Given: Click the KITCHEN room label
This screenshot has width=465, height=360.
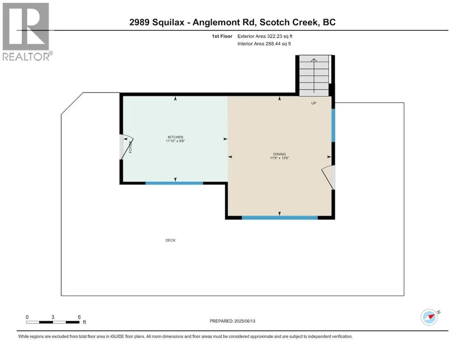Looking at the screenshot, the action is [175, 137].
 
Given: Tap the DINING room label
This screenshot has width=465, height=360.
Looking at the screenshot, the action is [279, 154].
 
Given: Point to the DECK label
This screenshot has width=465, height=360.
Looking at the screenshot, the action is [171, 241].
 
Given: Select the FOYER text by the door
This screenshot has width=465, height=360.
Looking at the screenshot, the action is [131, 147].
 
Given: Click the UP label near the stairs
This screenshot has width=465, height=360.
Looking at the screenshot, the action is [314, 104].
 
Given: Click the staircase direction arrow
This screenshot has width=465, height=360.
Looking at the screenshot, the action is [314, 76].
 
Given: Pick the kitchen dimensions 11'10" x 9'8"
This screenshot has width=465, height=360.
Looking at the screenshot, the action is [175, 141].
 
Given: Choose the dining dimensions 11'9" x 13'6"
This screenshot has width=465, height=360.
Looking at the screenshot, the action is [279, 158].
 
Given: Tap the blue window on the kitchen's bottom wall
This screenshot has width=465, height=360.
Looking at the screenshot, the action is [174, 183].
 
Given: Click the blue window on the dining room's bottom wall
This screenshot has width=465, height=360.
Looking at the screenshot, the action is [279, 218].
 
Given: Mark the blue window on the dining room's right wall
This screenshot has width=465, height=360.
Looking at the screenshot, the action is [333, 125].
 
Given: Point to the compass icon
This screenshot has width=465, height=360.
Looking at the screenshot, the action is [430, 317].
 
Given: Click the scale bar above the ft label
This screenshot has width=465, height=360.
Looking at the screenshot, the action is [53, 322].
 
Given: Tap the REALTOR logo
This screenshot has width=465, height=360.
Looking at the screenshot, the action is [27, 32].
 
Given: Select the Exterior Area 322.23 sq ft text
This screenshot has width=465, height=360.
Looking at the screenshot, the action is [265, 36].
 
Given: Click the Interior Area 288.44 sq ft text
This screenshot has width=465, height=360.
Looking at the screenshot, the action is [264, 44].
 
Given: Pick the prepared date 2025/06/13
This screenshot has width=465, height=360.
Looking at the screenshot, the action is [245, 321].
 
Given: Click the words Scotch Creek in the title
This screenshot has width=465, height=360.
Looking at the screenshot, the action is [289, 22].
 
